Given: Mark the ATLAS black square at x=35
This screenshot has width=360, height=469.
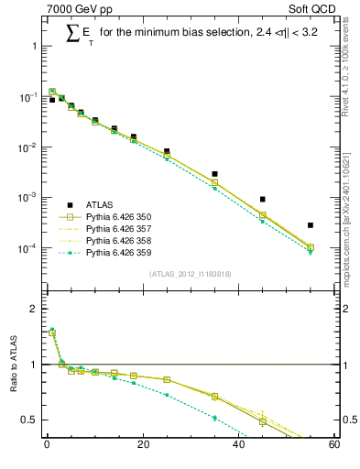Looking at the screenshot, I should pyautogui.click(x=214, y=173).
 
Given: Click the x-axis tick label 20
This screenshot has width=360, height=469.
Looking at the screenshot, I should pyautogui.click(x=142, y=446).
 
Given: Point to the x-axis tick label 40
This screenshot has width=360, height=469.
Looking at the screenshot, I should pyautogui.click(x=238, y=446).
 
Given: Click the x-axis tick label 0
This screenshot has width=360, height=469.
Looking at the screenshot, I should pyautogui.click(x=47, y=446).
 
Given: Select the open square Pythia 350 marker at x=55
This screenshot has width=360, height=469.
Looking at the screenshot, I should pyautogui.click(x=311, y=247).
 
